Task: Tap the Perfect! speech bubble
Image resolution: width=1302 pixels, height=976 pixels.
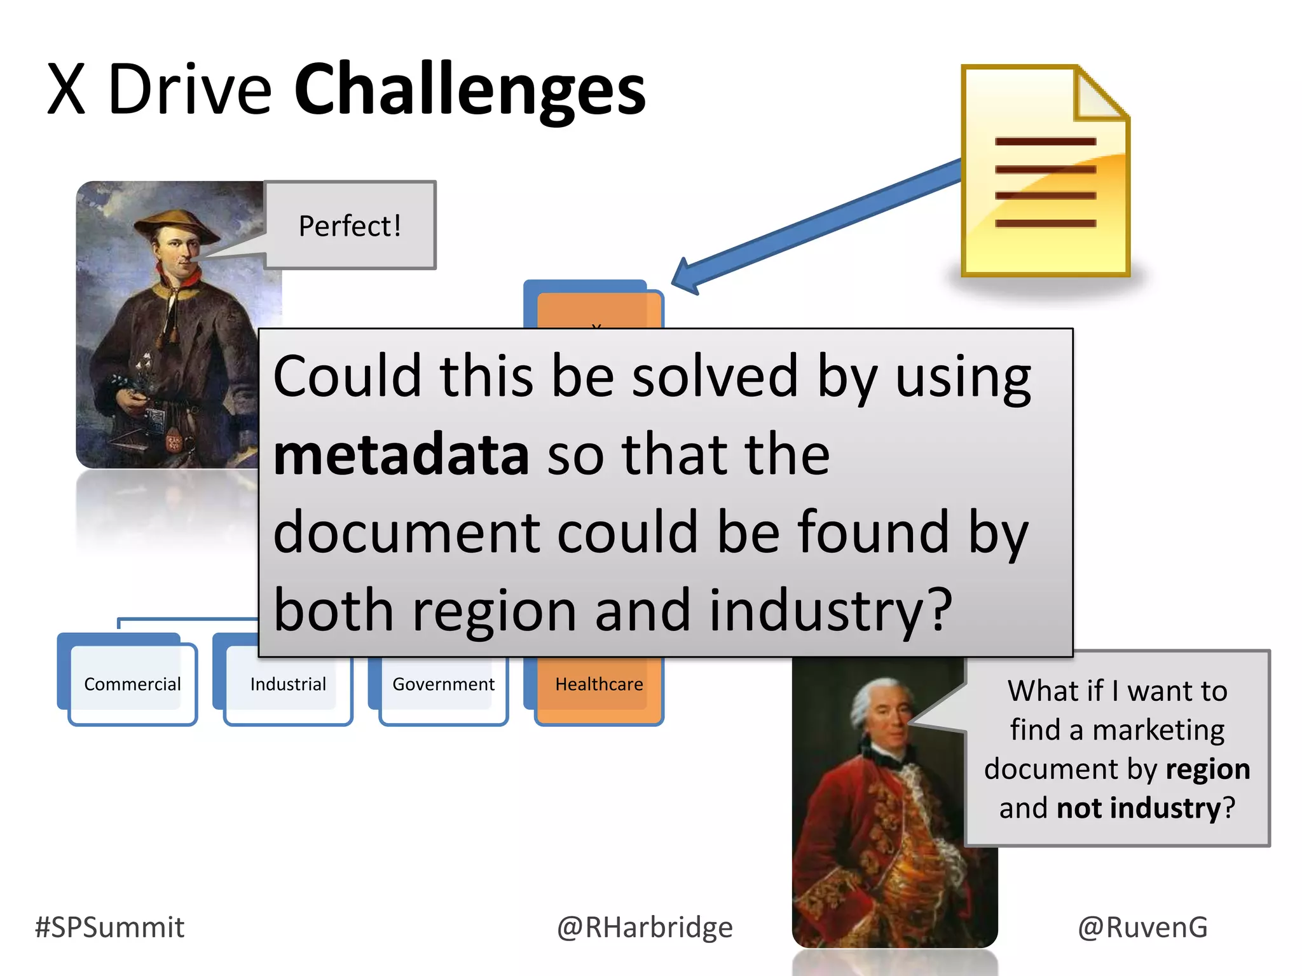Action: (x=350, y=226)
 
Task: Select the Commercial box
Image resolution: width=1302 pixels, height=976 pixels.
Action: (x=132, y=684)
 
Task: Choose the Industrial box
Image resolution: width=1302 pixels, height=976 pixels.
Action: (x=288, y=684)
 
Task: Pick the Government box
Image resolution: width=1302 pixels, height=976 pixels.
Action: (x=443, y=684)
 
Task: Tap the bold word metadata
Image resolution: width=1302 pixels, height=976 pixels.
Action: (x=401, y=454)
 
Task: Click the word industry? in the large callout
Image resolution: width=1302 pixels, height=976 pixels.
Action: (x=830, y=610)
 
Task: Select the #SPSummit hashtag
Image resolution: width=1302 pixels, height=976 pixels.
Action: (x=109, y=927)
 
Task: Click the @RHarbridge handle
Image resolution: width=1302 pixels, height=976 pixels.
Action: (x=645, y=927)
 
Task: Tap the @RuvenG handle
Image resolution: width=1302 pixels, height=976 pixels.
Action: (x=1142, y=927)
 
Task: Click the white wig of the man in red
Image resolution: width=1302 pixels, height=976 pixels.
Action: (x=871, y=699)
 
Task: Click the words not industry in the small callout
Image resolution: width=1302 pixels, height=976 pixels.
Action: (x=1138, y=808)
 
